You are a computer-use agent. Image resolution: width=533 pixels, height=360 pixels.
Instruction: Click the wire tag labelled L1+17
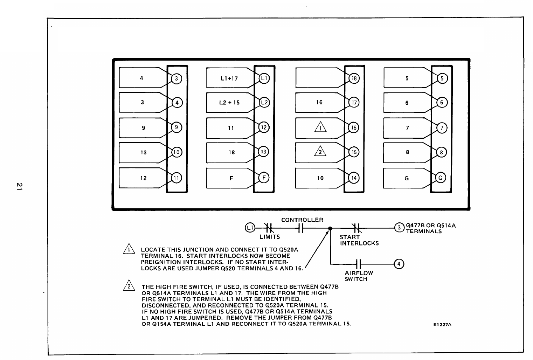click(x=229, y=78)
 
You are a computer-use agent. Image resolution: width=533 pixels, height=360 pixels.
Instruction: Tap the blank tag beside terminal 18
click(x=317, y=78)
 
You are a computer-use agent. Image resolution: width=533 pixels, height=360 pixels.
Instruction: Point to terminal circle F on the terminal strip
click(x=263, y=178)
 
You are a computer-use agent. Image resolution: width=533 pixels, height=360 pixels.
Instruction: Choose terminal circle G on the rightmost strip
click(x=441, y=178)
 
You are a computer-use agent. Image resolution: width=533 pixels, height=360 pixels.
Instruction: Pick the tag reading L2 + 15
click(x=229, y=103)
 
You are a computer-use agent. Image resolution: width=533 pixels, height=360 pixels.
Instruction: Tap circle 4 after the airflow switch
click(x=399, y=264)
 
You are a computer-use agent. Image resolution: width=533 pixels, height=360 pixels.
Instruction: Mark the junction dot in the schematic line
click(x=330, y=228)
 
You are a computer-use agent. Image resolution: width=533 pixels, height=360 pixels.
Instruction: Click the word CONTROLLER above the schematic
click(x=302, y=220)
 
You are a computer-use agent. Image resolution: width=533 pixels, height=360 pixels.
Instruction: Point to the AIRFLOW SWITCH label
click(x=359, y=276)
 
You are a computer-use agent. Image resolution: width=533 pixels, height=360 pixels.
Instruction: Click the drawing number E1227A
click(x=442, y=325)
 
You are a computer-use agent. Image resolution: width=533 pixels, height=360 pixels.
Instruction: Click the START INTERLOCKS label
click(x=359, y=240)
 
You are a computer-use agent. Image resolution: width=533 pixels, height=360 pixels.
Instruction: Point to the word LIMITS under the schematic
click(x=270, y=237)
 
